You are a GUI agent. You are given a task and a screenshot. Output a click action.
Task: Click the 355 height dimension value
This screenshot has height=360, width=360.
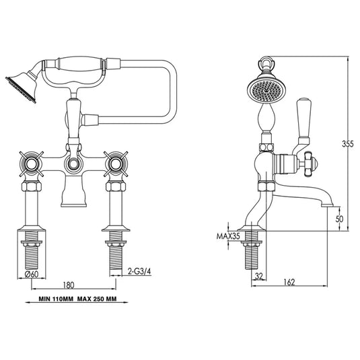pyautogui.click(x=346, y=143)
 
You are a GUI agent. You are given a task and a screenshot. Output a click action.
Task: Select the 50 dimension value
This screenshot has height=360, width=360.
pyautogui.click(x=341, y=219)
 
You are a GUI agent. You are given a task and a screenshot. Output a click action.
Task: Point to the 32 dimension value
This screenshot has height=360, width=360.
pyautogui.click(x=259, y=275)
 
